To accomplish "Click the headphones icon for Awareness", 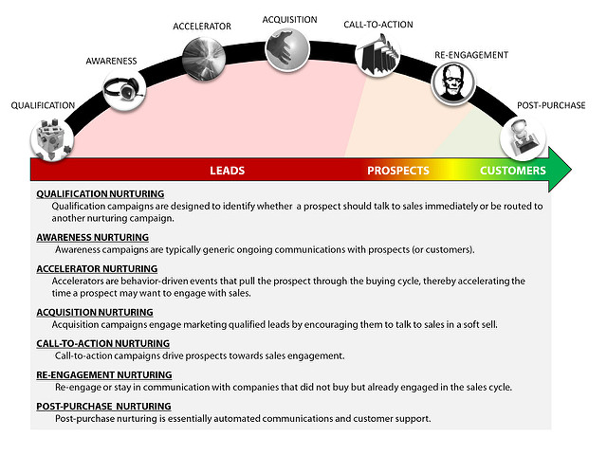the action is click(124, 90).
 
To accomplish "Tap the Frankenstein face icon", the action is click(453, 84).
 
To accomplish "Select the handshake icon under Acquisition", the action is click(287, 50).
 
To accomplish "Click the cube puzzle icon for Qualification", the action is click(52, 139).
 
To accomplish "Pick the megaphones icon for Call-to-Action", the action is click(377, 55).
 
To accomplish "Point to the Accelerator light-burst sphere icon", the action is click(204, 59).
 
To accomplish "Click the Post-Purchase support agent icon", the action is click(523, 138).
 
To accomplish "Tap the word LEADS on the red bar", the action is click(228, 171).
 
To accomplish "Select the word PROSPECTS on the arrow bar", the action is click(398, 171).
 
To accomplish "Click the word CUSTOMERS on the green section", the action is click(513, 171).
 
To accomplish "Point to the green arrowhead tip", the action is click(571, 170).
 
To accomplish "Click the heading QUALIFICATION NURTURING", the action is click(101, 193).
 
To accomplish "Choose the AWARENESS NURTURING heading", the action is click(93, 237).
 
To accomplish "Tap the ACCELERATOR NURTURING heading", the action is click(97, 268).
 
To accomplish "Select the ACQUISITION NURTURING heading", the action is click(95, 312).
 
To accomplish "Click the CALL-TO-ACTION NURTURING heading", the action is click(103, 343).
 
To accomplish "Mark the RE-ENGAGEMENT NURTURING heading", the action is click(104, 375).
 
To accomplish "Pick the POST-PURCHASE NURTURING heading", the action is click(103, 407).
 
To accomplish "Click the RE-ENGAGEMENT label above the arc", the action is click(471, 55).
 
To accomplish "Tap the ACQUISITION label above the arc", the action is click(289, 20).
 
